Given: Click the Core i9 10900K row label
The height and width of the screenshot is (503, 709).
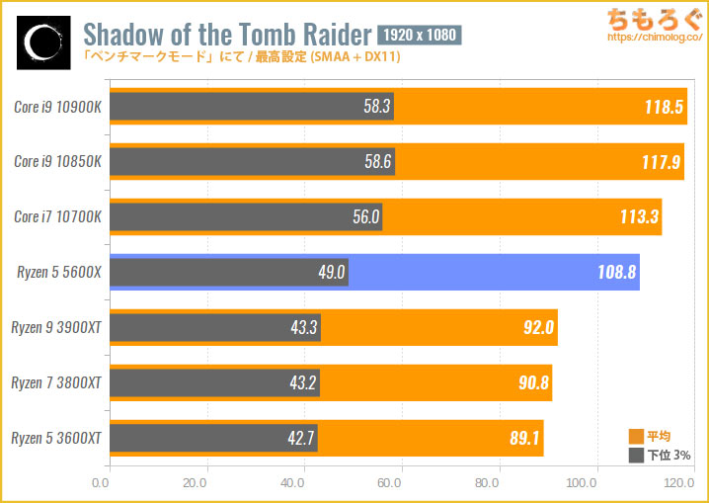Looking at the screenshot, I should (55, 107).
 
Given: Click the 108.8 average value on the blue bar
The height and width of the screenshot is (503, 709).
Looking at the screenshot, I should (617, 271).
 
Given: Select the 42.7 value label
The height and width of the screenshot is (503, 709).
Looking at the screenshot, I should (300, 436).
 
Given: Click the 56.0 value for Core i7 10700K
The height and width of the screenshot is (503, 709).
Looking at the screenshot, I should (365, 216).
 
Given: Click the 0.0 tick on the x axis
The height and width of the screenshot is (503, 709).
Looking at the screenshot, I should (101, 484).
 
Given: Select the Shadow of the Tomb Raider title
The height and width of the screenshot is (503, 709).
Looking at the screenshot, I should (227, 36).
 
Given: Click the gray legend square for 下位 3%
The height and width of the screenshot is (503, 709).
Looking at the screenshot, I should (637, 456).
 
